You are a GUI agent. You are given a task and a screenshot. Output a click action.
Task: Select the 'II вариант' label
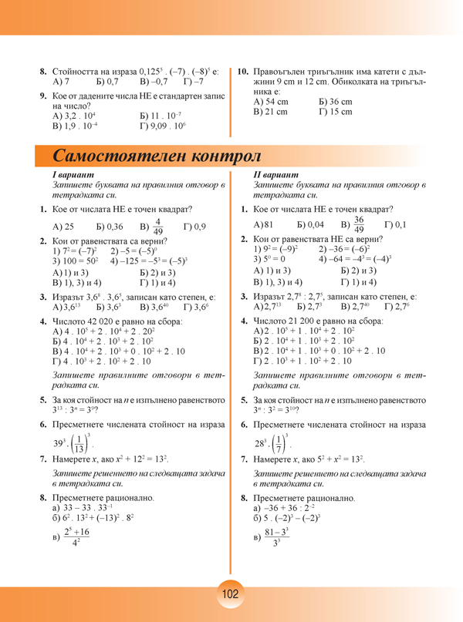[275, 177]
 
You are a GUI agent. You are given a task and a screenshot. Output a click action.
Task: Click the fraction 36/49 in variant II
[359, 224]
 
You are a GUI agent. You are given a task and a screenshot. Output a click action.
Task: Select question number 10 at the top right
[243, 71]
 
